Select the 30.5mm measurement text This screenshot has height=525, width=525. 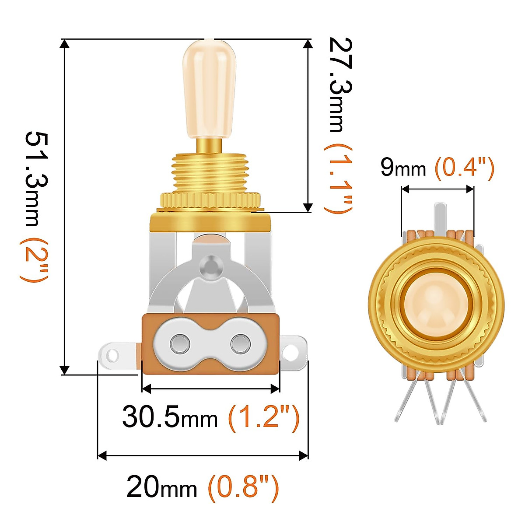coord(170,416)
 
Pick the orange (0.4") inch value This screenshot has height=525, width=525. coord(464,168)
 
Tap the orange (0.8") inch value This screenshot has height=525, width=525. coord(243,486)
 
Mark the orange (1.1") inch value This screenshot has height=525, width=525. coord(338,179)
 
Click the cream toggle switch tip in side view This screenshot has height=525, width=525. coord(209,87)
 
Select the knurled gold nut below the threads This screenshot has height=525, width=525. coord(210,200)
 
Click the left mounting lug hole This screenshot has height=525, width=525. coord(112,355)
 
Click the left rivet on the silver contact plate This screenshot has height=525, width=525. coord(179,344)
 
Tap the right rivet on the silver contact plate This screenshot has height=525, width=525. coord(240,344)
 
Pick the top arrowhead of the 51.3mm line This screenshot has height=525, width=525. coord(65,43)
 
